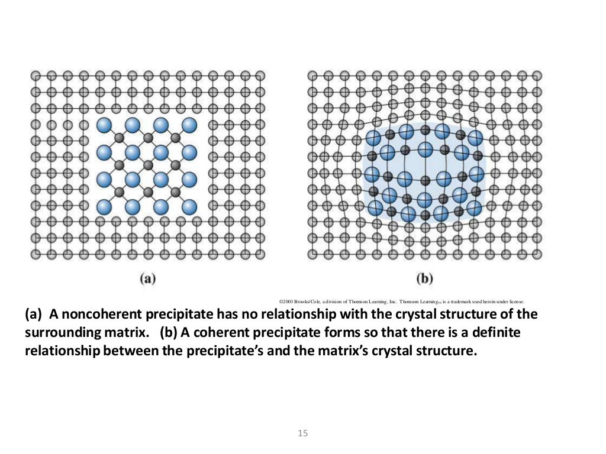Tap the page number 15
(302, 433)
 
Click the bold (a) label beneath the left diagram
(147, 278)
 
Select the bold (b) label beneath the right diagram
(424, 278)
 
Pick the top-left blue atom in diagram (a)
(104, 125)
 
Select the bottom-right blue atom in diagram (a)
(189, 207)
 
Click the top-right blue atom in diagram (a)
(189, 125)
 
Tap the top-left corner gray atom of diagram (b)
(312, 76)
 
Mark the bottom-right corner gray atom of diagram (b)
(537, 254)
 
